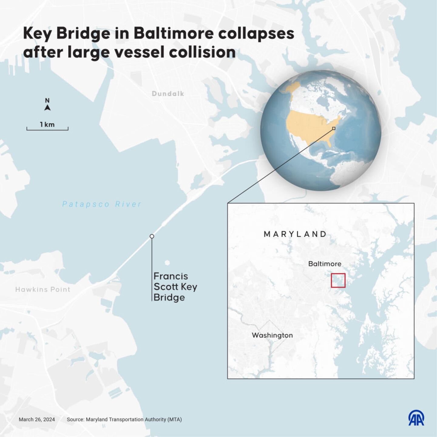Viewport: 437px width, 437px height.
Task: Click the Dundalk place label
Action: pyautogui.click(x=168, y=94)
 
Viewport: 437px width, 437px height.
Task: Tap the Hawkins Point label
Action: pyautogui.click(x=43, y=290)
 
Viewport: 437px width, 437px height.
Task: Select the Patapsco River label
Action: pyautogui.click(x=102, y=204)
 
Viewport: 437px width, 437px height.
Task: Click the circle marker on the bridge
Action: pyautogui.click(x=152, y=236)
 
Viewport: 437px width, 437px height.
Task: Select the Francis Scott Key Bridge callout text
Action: pyautogui.click(x=175, y=286)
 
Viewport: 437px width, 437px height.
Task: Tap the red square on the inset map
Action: pyautogui.click(x=338, y=280)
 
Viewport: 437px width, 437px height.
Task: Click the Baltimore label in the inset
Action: pyautogui.click(x=325, y=264)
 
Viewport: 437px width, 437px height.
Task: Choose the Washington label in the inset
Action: pyautogui.click(x=272, y=335)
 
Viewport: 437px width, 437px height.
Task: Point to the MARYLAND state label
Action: pyautogui.click(x=295, y=234)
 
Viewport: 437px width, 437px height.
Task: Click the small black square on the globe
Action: pyautogui.click(x=334, y=128)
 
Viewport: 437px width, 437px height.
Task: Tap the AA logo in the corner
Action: pyautogui.click(x=416, y=418)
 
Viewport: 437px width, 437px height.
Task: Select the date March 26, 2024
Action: pyautogui.click(x=37, y=419)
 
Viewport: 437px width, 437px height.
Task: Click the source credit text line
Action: pyautogui.click(x=124, y=419)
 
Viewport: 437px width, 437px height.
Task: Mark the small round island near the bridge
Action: pyautogui.click(x=167, y=263)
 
